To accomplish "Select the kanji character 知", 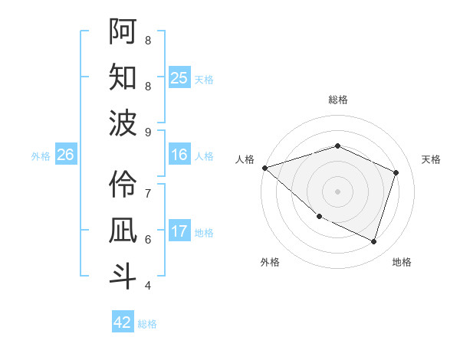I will pyautogui.click(x=123, y=78).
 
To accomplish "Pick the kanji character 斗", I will pyautogui.click(x=123, y=276).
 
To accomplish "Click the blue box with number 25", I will pyautogui.click(x=179, y=78).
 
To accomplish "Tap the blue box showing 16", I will pyautogui.click(x=179, y=155).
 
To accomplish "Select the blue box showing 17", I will pyautogui.click(x=179, y=231).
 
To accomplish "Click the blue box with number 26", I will pyautogui.click(x=65, y=155).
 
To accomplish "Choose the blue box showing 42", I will pyautogui.click(x=123, y=322).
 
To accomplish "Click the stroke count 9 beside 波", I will pyautogui.click(x=148, y=132).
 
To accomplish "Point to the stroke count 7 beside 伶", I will pyautogui.click(x=148, y=193).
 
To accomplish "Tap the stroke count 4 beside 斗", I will pyautogui.click(x=148, y=286).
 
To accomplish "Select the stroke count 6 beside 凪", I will pyautogui.click(x=148, y=239).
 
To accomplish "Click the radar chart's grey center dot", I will pyautogui.click(x=337, y=191).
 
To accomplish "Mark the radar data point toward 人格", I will pyautogui.click(x=264, y=168).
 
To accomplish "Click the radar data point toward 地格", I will pyautogui.click(x=373, y=241).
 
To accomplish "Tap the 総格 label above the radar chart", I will pyautogui.click(x=337, y=100).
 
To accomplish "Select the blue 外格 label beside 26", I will pyautogui.click(x=41, y=156).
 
